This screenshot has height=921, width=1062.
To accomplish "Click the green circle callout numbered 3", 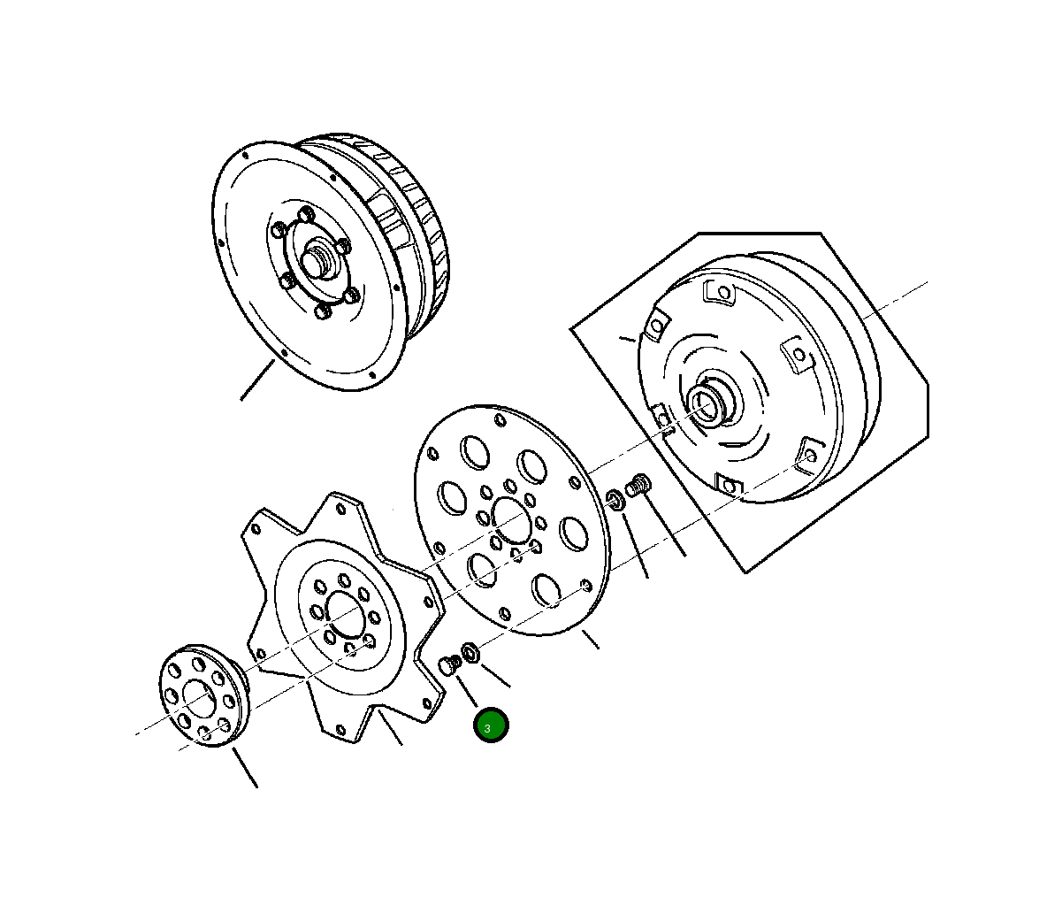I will (x=491, y=725).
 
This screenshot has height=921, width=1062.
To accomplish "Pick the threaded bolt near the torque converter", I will (x=638, y=486).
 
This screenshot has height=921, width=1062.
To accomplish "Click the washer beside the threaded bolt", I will (x=616, y=500).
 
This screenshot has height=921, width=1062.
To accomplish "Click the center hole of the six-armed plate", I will (x=344, y=610).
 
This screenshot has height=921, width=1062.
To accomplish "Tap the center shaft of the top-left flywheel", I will (x=317, y=261).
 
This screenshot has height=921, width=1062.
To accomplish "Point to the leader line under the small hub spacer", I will (x=245, y=768).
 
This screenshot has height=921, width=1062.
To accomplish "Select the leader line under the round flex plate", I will (x=589, y=639).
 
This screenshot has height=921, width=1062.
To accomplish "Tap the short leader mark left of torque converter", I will (x=627, y=337).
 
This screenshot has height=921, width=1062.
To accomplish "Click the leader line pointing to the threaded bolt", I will (x=665, y=529).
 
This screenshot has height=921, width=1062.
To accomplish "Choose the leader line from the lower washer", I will (x=495, y=673).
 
